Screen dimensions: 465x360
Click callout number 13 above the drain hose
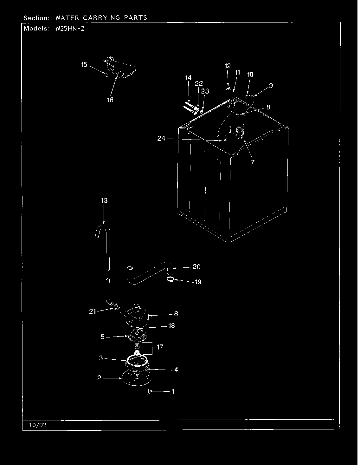104,200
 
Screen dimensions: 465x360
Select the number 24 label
161,138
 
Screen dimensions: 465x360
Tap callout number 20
196,267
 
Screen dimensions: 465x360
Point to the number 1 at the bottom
173,391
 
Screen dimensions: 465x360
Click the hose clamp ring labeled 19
170,279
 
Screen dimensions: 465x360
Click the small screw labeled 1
148,393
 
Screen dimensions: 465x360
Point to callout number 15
84,65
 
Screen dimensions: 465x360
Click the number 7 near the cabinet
252,162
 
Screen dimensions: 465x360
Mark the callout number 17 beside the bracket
160,347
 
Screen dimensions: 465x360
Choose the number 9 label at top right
271,85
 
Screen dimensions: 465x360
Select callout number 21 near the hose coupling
92,311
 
